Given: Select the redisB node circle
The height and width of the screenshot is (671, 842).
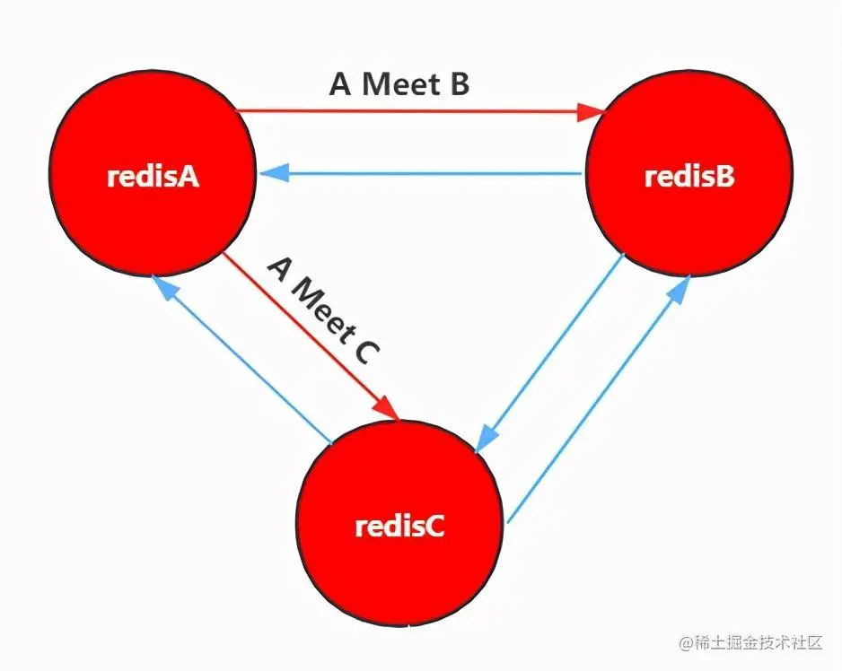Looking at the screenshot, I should (689, 177).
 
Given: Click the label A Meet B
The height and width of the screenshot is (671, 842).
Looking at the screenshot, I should (399, 84).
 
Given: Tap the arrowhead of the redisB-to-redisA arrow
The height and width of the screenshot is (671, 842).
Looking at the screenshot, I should (272, 175).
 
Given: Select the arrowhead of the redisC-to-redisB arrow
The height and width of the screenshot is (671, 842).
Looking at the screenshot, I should (681, 287).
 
